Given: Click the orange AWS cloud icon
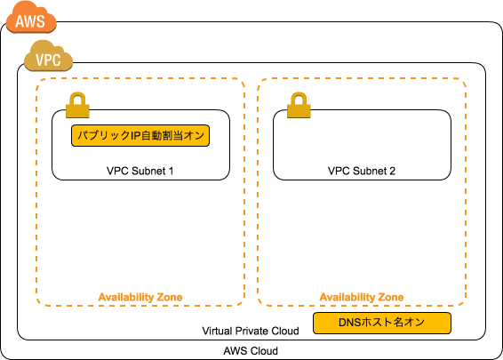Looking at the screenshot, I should click(x=30, y=18).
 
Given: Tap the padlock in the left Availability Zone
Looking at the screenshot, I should click(x=77, y=105).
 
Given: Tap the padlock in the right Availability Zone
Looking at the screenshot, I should click(x=299, y=105).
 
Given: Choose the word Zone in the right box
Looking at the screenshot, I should click(x=390, y=297).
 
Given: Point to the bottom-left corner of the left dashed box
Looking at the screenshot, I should click(x=38, y=304).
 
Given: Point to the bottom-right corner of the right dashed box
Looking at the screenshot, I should click(x=464, y=304).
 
